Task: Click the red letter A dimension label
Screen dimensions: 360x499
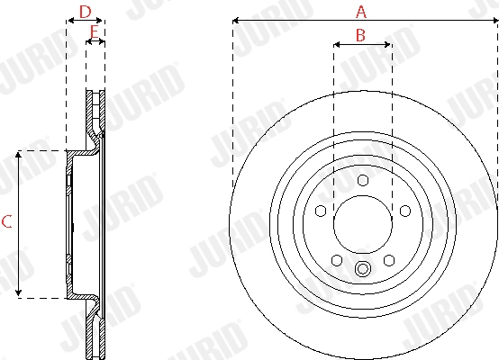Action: point(362,12)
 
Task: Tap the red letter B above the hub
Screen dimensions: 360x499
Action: point(360,35)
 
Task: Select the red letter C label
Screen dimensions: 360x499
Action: point(6,223)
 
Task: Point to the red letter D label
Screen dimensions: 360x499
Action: point(85,12)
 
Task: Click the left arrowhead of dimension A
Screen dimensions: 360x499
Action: point(235,20)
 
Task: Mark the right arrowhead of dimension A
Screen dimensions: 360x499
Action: point(494,20)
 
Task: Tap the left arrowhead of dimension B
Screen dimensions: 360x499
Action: point(336,43)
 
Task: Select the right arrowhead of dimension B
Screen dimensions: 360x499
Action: point(388,43)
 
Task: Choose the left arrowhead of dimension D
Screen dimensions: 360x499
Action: point(68,20)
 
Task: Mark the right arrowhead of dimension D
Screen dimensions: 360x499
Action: point(102,20)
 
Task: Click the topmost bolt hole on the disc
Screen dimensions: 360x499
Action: point(363,180)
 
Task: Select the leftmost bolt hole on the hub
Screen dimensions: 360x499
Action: point(321,211)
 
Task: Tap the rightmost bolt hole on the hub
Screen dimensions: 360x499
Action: point(405,211)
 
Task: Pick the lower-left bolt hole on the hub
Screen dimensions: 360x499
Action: point(337,260)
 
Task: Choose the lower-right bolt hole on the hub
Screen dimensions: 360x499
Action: point(389,260)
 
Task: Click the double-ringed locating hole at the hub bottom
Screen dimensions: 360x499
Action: point(363,268)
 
